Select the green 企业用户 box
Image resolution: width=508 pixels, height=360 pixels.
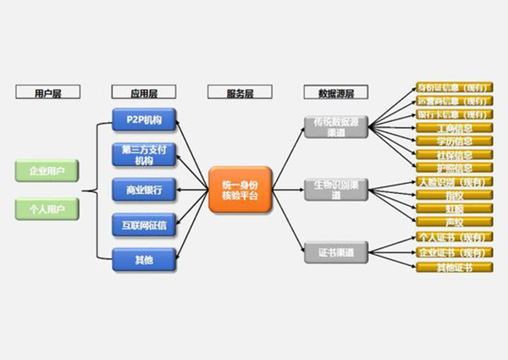[x=47, y=172]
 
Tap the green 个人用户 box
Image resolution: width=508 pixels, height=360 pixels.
[x=47, y=208]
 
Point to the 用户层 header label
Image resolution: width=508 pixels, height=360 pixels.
[x=47, y=92]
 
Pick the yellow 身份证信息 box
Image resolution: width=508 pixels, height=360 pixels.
[x=454, y=87]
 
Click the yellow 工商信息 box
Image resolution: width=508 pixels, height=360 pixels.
[x=454, y=128]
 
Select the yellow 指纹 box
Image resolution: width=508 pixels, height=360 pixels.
[x=454, y=196]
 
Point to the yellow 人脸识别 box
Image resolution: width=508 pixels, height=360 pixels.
[x=454, y=182]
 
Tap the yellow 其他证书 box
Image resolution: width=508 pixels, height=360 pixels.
[x=454, y=268]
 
